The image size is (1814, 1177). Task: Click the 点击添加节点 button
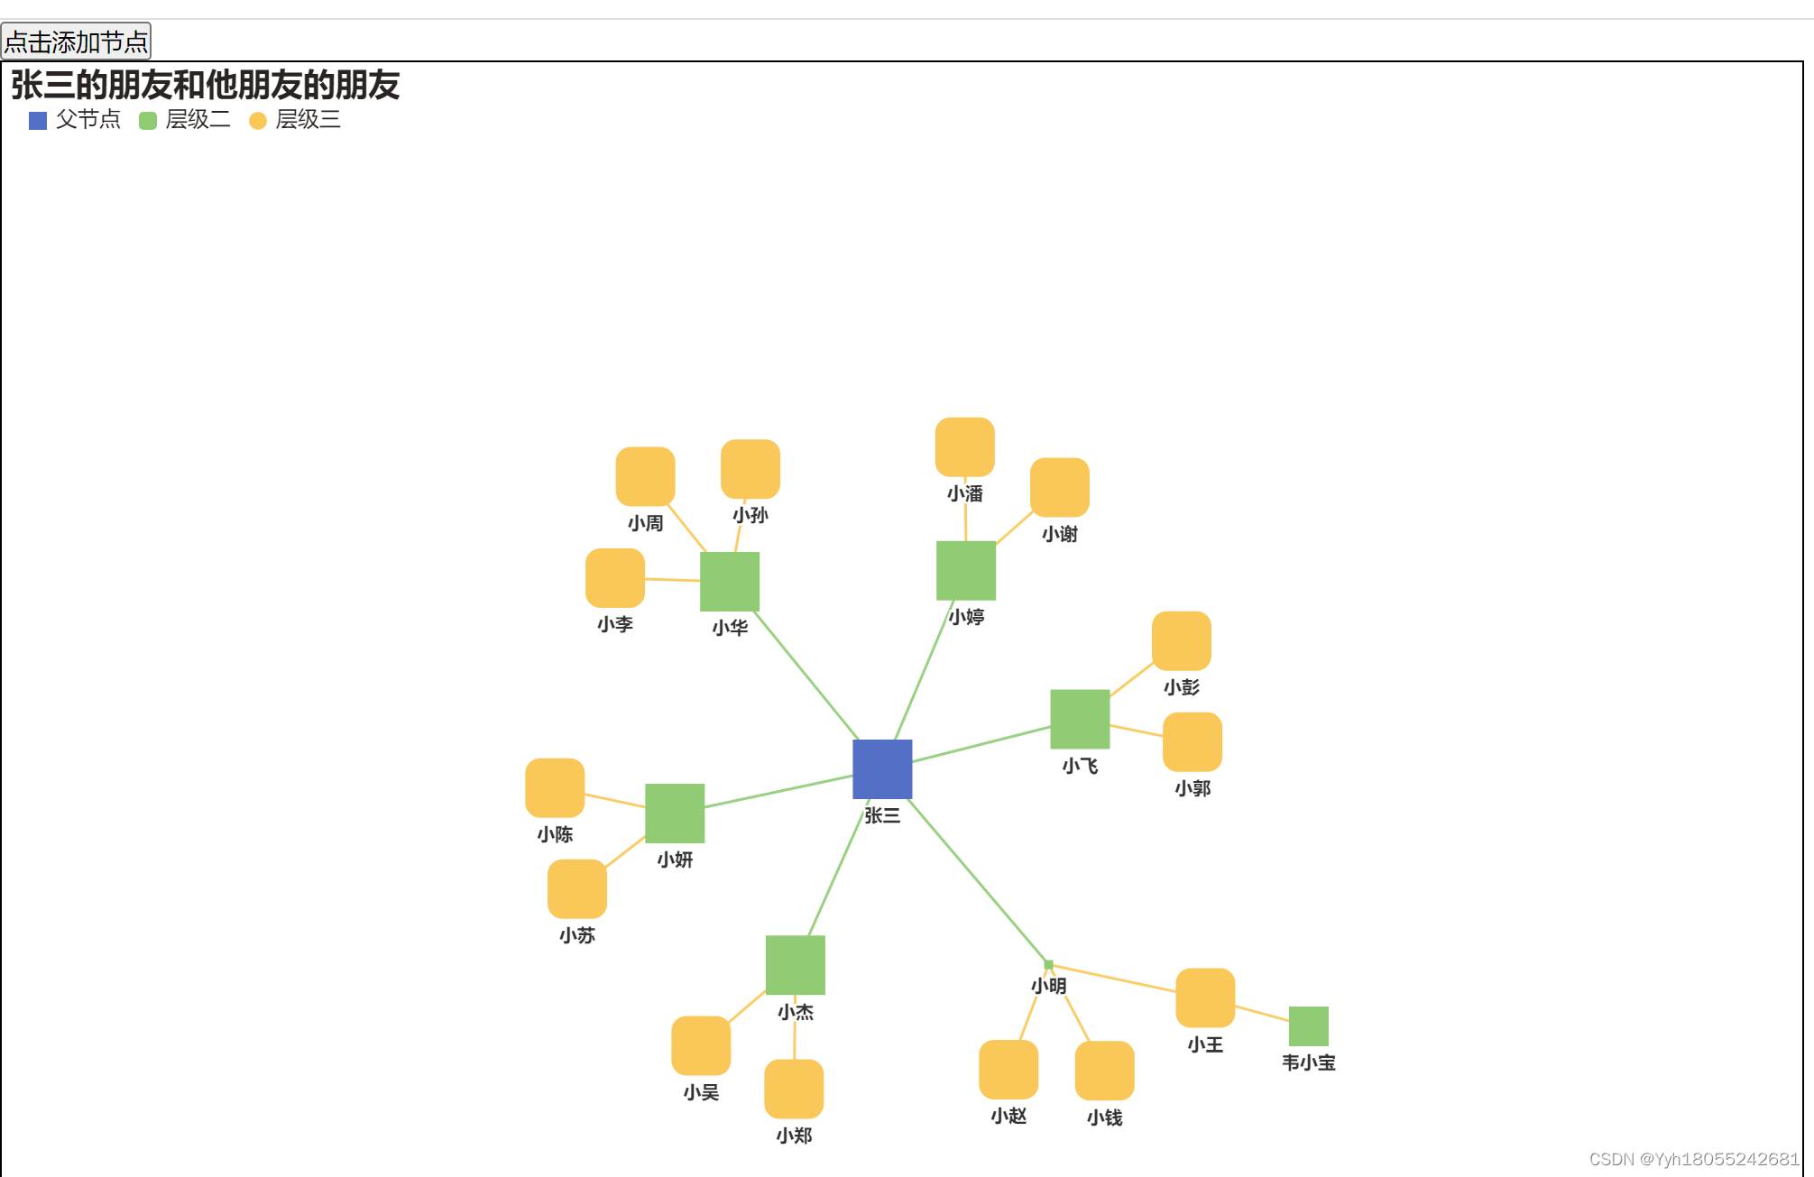pyautogui.click(x=76, y=41)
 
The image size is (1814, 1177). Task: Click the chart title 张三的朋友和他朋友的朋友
pyautogui.click(x=205, y=85)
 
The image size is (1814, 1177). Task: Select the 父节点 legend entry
pyautogui.click(x=75, y=120)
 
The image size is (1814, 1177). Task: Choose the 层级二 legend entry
pyautogui.click(x=185, y=120)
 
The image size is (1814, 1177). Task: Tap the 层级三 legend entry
pyautogui.click(x=295, y=120)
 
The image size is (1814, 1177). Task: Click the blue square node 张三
pyautogui.click(x=882, y=769)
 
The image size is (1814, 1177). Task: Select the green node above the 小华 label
pyautogui.click(x=730, y=582)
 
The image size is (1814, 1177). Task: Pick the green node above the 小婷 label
pyautogui.click(x=966, y=571)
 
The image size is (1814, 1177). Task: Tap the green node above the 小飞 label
pyautogui.click(x=1080, y=719)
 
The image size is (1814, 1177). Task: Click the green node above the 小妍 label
pyautogui.click(x=675, y=814)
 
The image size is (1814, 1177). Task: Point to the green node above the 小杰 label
pyautogui.click(x=796, y=965)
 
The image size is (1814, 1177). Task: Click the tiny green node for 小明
pyautogui.click(x=1048, y=965)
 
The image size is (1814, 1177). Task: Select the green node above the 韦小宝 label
pyautogui.click(x=1309, y=1026)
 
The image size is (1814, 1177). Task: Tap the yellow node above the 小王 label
pyautogui.click(x=1205, y=998)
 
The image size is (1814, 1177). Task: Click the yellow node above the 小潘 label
pyautogui.click(x=965, y=447)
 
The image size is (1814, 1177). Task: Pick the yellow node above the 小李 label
pyautogui.click(x=615, y=578)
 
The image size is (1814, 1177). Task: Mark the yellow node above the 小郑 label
pyautogui.click(x=794, y=1089)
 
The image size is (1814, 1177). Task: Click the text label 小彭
pyautogui.click(x=1182, y=687)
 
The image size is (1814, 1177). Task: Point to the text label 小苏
pyautogui.click(x=577, y=935)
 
